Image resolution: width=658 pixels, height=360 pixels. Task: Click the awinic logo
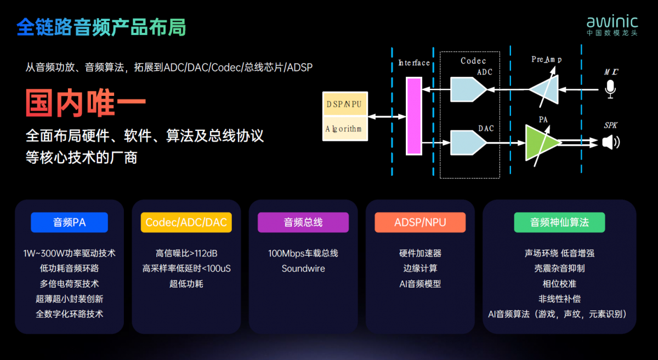click(x=612, y=25)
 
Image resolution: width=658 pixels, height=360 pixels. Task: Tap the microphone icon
click(x=610, y=89)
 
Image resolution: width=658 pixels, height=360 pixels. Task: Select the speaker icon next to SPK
click(x=611, y=142)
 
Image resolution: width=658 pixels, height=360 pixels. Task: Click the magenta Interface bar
click(x=414, y=116)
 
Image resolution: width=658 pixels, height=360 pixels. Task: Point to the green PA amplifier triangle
click(x=541, y=143)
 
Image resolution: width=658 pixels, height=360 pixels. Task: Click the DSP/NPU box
click(x=345, y=104)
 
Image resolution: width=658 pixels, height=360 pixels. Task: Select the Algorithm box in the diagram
click(x=345, y=129)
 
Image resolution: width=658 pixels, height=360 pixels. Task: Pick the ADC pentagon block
click(x=468, y=89)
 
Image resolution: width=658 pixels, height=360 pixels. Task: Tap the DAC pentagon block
click(x=468, y=142)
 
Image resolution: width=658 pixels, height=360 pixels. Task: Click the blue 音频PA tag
click(x=69, y=222)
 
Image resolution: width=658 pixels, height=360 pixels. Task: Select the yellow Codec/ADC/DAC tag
click(x=186, y=222)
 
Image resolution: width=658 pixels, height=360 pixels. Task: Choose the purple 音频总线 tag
click(x=303, y=222)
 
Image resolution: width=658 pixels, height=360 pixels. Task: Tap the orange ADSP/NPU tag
click(x=420, y=222)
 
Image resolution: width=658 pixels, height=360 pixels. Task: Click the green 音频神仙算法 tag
click(x=559, y=222)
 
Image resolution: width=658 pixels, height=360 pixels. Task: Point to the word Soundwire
click(x=303, y=268)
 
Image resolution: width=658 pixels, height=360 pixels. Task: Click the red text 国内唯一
click(x=86, y=103)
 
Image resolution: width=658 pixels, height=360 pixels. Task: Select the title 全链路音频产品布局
click(x=101, y=27)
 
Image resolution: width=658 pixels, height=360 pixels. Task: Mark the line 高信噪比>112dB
click(x=186, y=253)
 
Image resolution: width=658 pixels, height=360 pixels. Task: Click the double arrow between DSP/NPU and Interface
click(x=387, y=117)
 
